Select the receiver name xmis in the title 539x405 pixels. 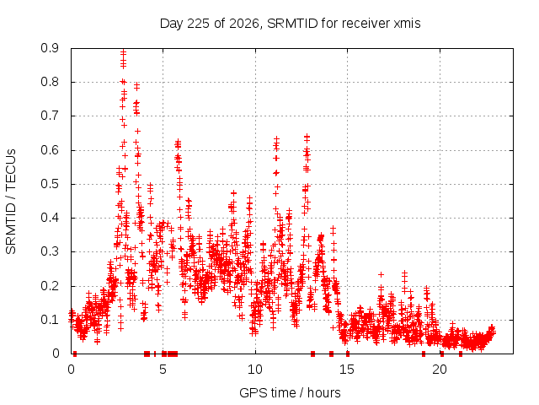pos(407,24)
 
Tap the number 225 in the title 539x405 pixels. pos(199,24)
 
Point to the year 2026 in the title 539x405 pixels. pos(244,24)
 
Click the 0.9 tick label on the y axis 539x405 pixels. pos(50,48)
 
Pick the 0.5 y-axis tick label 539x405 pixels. pos(50,184)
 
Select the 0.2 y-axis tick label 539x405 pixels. pos(50,286)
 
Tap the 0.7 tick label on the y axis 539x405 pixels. pos(50,116)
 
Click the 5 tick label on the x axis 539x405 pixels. pos(163,370)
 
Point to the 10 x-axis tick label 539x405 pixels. pos(255,370)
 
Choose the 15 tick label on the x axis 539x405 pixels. pos(347,370)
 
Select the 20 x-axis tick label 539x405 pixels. pos(440,370)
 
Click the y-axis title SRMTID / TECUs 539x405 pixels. pos(11,202)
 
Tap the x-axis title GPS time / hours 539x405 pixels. pos(290,393)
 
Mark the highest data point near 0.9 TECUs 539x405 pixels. pos(124,52)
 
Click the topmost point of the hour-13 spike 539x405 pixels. pos(307,137)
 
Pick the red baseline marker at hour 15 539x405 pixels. pos(348,354)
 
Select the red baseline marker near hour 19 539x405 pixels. pos(424,354)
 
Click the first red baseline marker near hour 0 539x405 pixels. pos(75,354)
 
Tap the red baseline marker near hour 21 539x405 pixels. pos(461,354)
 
